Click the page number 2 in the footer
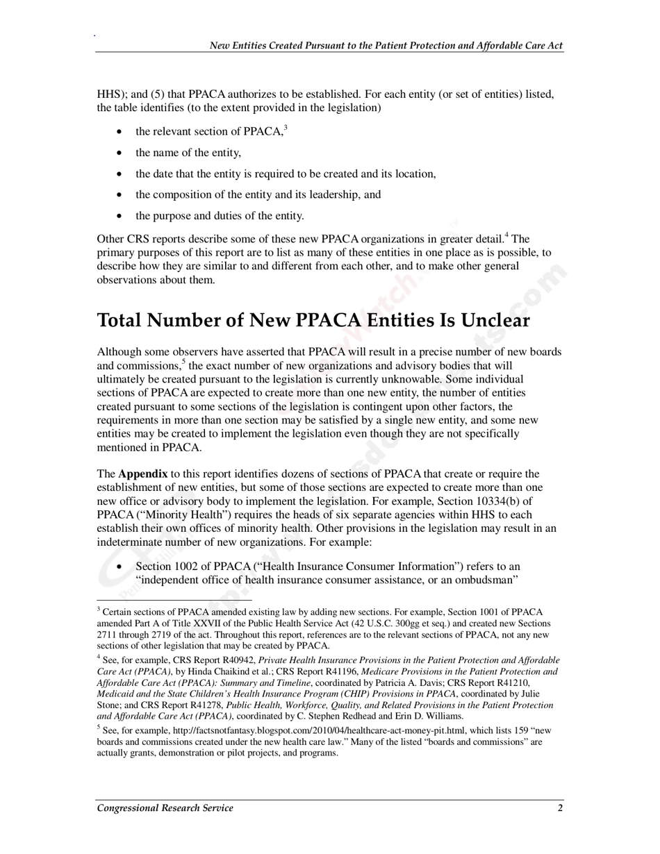point(560,807)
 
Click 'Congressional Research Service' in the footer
point(165,807)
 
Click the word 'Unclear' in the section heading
point(495,320)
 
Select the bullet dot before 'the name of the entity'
point(122,153)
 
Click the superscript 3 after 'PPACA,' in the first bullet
point(286,127)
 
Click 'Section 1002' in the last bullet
point(166,567)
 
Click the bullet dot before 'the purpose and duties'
point(122,216)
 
